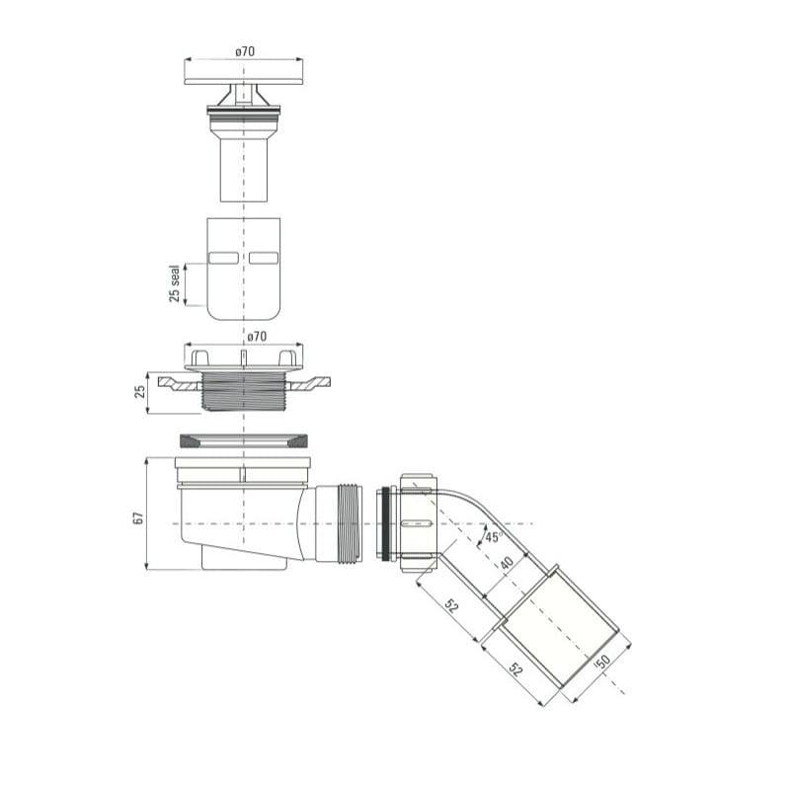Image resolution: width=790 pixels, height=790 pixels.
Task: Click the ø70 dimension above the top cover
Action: (x=245, y=51)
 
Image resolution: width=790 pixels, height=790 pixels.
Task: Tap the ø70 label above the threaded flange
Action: (x=257, y=336)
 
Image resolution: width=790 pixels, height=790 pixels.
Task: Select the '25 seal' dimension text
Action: (x=175, y=283)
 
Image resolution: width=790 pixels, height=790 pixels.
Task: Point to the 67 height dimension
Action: (x=138, y=517)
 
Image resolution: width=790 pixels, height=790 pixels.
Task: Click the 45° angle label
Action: (x=493, y=537)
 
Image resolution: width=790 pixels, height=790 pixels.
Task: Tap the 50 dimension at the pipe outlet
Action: (x=602, y=662)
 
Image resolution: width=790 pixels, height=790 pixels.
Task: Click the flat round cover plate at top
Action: (x=244, y=81)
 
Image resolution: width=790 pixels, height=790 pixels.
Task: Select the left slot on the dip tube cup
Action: (x=223, y=258)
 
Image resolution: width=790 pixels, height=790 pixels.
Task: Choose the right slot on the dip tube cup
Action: (x=264, y=258)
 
